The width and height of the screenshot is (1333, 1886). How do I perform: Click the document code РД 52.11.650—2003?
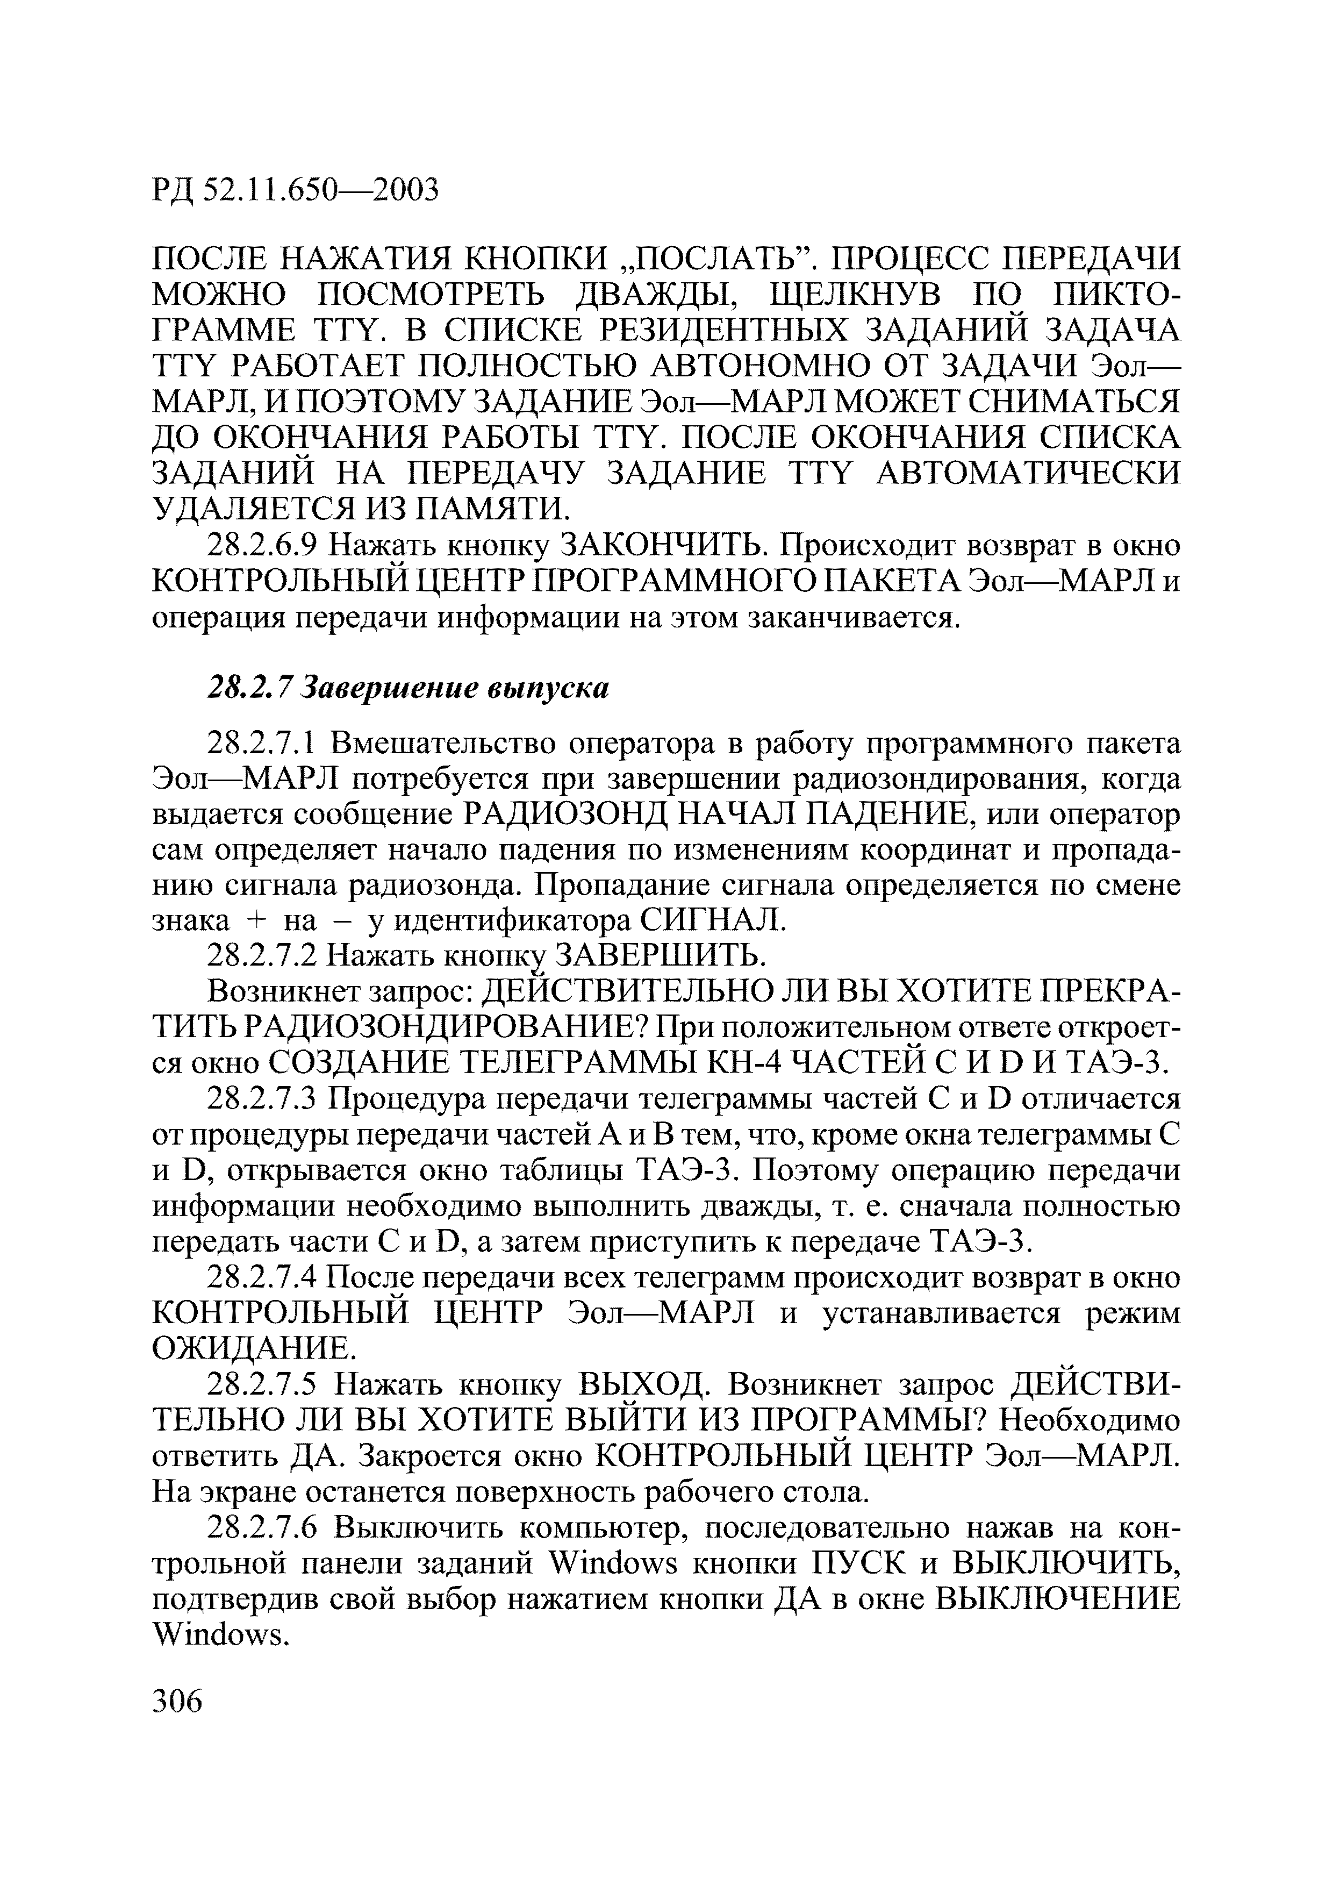(x=296, y=190)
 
